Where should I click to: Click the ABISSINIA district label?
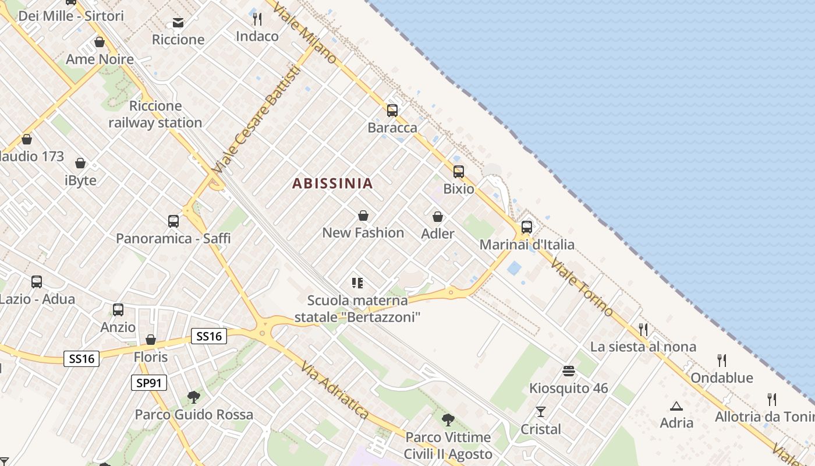(x=332, y=183)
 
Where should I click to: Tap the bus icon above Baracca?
(x=392, y=111)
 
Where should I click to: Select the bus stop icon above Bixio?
(x=459, y=172)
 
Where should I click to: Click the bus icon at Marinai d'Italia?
(x=527, y=227)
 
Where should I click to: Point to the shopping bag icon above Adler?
(x=438, y=217)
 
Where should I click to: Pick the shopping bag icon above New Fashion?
(x=363, y=216)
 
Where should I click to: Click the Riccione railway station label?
(x=155, y=114)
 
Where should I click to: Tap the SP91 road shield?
(x=148, y=383)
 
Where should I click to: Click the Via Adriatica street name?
(x=335, y=389)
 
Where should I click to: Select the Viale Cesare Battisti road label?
(x=257, y=119)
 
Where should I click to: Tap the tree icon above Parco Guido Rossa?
(x=194, y=397)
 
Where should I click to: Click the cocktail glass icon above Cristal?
(x=541, y=412)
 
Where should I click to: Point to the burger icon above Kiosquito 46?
(x=569, y=371)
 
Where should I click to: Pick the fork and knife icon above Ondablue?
(x=722, y=361)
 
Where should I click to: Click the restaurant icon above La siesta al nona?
(x=643, y=330)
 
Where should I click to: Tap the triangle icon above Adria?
(x=676, y=406)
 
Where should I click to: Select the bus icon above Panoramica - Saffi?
(x=173, y=221)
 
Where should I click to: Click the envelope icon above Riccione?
(x=178, y=23)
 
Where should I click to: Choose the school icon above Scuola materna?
(x=357, y=284)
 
